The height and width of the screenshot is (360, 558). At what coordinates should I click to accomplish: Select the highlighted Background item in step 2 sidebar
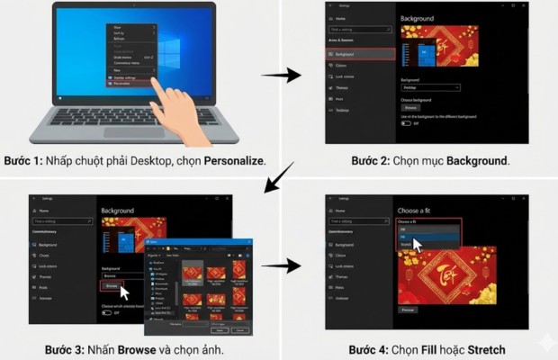(359, 54)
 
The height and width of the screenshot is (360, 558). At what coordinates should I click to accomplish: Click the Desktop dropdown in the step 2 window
(430, 87)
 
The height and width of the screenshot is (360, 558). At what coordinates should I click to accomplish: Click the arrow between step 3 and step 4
(286, 265)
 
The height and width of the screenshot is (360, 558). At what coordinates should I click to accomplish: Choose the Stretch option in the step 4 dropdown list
(405, 243)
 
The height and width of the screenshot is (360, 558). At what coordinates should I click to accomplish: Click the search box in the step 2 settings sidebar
(357, 31)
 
